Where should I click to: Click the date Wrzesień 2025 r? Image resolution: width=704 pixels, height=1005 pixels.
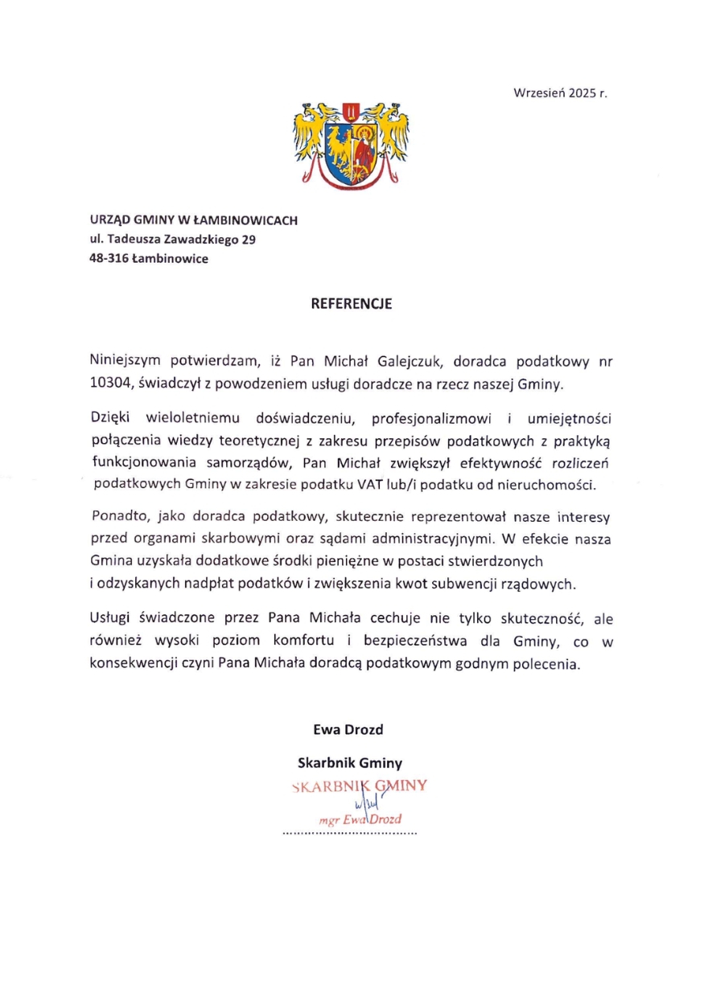tap(561, 92)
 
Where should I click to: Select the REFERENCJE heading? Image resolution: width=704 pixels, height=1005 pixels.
tap(352, 304)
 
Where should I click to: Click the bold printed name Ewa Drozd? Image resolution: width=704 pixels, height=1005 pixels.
tap(348, 730)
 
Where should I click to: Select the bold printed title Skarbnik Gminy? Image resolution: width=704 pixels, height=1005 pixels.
tap(350, 762)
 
